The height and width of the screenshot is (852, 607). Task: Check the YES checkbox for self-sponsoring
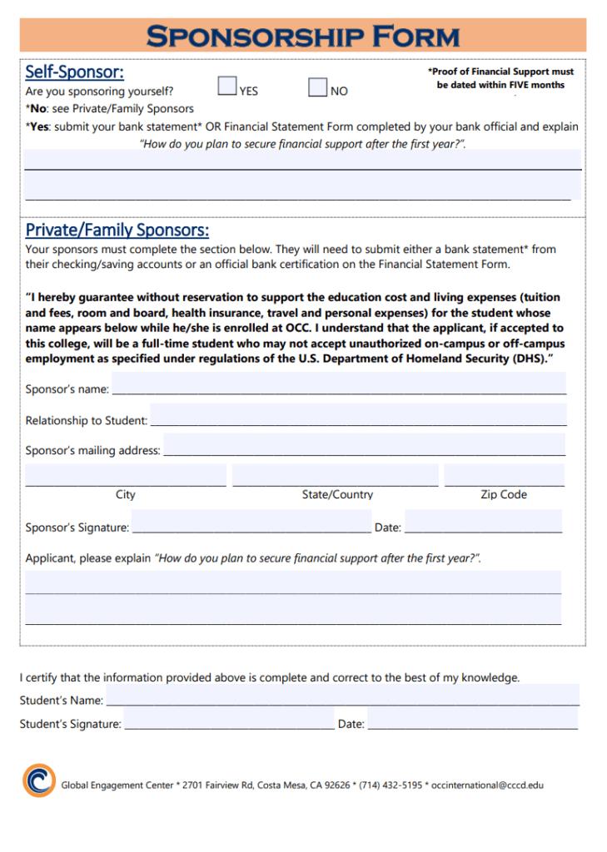click(x=226, y=87)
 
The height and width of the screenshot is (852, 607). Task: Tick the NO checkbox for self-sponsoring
click(x=317, y=87)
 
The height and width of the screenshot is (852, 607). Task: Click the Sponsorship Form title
click(x=303, y=36)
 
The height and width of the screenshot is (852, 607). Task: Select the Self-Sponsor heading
click(x=74, y=72)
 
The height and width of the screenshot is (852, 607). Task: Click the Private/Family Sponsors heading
click(x=117, y=230)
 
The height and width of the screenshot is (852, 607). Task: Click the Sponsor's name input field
click(x=339, y=383)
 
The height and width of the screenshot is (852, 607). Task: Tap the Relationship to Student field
click(x=358, y=414)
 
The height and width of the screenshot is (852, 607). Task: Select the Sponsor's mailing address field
click(x=365, y=444)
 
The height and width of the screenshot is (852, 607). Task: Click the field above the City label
click(x=126, y=476)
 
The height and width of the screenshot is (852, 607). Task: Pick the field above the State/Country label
click(x=336, y=476)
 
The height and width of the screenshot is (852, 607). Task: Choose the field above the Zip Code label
click(x=504, y=476)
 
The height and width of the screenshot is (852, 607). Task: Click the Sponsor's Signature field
click(x=251, y=521)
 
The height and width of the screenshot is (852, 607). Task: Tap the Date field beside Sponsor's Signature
click(x=483, y=521)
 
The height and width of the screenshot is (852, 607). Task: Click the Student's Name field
click(x=342, y=695)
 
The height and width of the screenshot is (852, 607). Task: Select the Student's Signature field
click(x=229, y=718)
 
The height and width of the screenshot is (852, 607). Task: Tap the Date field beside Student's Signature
click(x=472, y=718)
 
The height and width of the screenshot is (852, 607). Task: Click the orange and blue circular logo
click(x=38, y=780)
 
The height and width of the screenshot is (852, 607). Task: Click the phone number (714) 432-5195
click(x=391, y=785)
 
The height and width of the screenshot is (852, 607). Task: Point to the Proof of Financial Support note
click(x=500, y=78)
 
